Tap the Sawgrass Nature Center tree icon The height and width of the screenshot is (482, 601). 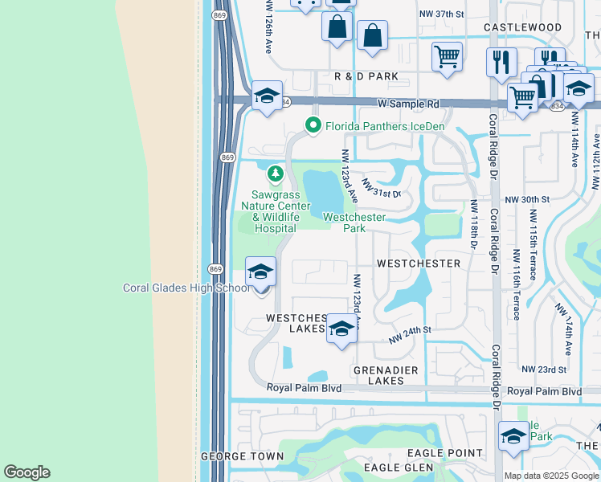276,173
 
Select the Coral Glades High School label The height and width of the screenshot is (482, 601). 186,288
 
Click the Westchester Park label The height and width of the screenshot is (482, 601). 354,223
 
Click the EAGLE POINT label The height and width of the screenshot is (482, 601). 451,453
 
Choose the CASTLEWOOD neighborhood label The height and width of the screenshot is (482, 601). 523,27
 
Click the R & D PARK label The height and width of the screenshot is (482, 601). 366,76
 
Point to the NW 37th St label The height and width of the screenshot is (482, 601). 442,14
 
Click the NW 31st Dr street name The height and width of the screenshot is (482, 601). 381,189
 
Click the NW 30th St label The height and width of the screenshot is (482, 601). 526,199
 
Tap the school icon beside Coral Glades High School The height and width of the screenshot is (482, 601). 261,273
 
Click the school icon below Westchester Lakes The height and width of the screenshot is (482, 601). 341,329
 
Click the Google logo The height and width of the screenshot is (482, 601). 27,472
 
